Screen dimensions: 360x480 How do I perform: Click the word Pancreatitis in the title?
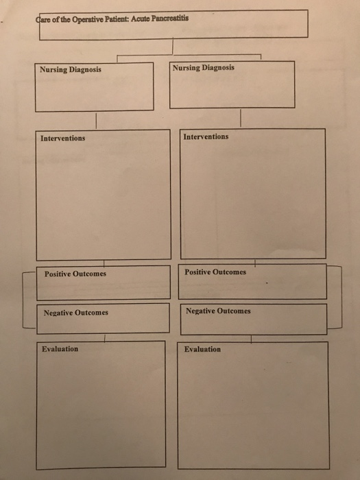pos(170,18)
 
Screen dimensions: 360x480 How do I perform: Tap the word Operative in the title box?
pos(86,20)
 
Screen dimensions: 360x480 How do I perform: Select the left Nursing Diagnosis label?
pos(71,69)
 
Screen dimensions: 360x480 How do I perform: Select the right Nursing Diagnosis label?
pos(203,68)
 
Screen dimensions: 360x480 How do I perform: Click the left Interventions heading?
pos(63,138)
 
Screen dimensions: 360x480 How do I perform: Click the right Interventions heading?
pos(206,136)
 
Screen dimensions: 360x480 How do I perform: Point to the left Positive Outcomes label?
pos(75,274)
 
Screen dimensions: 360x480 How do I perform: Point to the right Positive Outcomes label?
pos(215,272)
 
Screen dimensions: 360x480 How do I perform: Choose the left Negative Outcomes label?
pos(76,313)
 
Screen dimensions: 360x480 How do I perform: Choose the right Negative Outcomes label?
pos(218,311)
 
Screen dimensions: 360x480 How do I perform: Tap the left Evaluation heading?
pos(60,348)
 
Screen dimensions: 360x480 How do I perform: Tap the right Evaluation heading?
pos(202,349)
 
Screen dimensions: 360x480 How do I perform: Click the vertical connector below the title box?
pos(173,46)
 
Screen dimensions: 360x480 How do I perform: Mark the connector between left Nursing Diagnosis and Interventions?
pos(96,121)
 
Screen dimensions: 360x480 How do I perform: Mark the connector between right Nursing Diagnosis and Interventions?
pos(241,118)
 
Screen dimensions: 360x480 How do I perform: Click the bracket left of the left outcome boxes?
pos(23,300)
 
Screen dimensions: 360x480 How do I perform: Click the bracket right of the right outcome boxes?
pos(341,298)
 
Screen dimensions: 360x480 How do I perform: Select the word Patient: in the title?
pos(117,19)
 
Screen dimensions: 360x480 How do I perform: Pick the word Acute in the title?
pos(140,19)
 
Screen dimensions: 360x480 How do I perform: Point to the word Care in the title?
pos(43,20)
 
